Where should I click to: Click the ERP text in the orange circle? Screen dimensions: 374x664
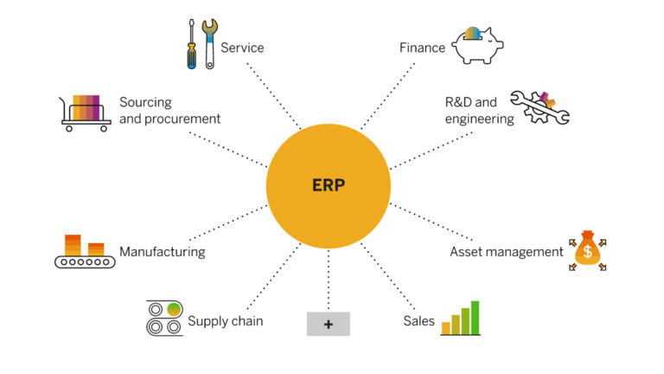[x=328, y=185]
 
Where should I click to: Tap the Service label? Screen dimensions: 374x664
[x=242, y=48]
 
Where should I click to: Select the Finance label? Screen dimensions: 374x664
[x=422, y=48]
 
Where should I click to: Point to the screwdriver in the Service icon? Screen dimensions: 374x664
[x=191, y=46]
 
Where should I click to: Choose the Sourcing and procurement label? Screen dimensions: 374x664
[x=169, y=111]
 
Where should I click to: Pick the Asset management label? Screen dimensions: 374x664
[x=506, y=252]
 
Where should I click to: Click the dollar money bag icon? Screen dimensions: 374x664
[x=587, y=252]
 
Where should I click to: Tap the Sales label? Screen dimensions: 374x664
[x=418, y=321]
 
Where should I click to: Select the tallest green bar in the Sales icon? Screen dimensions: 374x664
[x=475, y=318]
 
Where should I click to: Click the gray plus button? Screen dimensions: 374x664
[x=328, y=324]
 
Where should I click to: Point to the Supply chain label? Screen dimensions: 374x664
[x=225, y=321]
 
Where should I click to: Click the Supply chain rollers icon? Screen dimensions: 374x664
[x=163, y=317]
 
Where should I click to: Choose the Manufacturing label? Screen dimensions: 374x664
[x=162, y=252]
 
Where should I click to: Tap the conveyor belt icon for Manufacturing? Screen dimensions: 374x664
[x=84, y=252]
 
